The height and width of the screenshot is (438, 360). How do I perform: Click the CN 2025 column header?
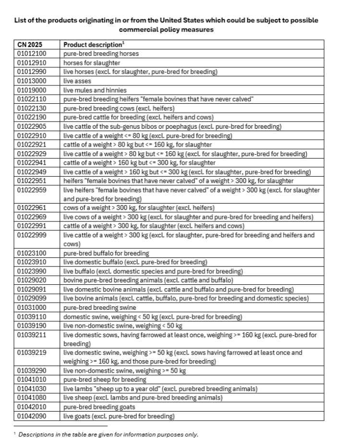click(30, 45)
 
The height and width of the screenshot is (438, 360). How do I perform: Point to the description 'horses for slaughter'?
click(92, 63)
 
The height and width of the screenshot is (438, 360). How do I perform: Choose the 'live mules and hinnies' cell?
click(95, 90)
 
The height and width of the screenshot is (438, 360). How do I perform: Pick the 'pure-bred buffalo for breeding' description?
click(106, 253)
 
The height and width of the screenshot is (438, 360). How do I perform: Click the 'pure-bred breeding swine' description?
click(99, 307)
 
